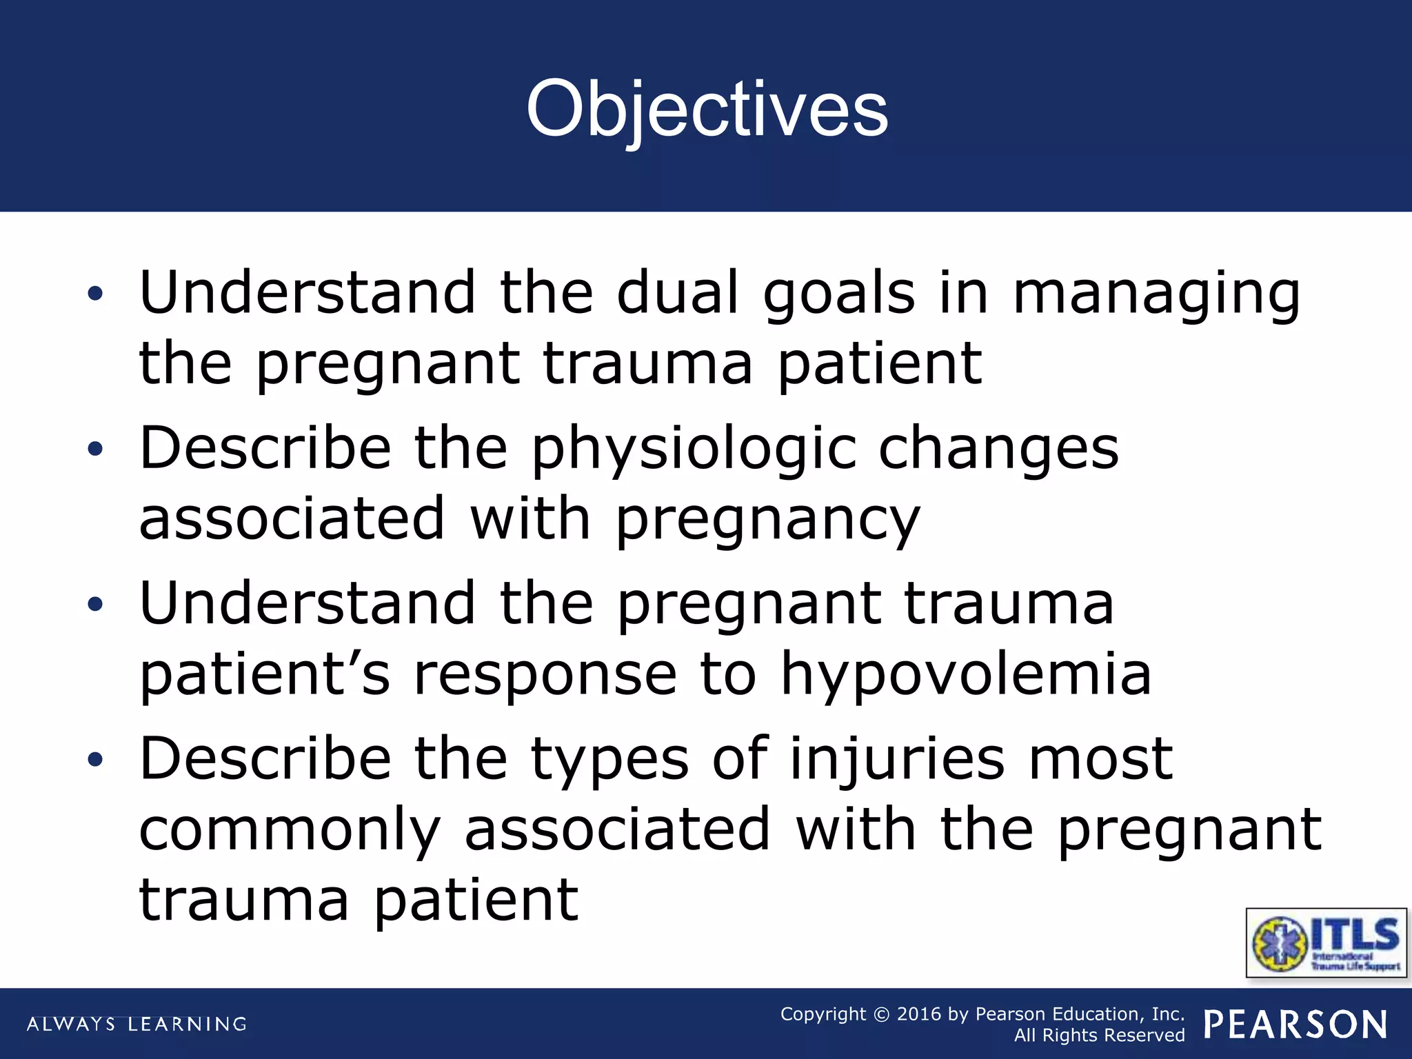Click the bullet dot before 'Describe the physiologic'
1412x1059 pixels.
tap(95, 450)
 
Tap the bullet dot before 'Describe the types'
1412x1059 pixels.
tap(95, 760)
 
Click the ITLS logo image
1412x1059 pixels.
tap(1326, 942)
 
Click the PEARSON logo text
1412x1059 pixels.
tap(1295, 1025)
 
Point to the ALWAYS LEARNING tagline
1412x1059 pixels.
tap(137, 1024)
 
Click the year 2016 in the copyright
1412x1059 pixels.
tap(919, 1014)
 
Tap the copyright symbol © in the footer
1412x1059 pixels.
tap(881, 1014)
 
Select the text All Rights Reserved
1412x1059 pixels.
tap(1099, 1036)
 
